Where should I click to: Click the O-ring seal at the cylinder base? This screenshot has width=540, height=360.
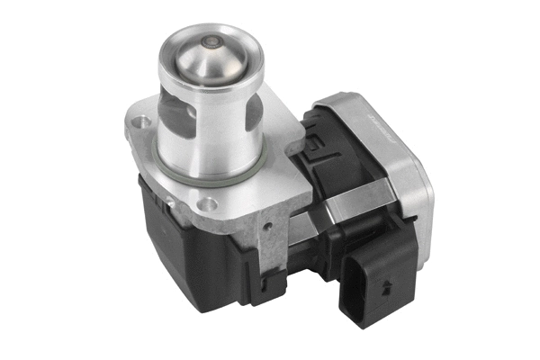click(212, 177)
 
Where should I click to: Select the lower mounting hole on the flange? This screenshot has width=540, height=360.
click(209, 204)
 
